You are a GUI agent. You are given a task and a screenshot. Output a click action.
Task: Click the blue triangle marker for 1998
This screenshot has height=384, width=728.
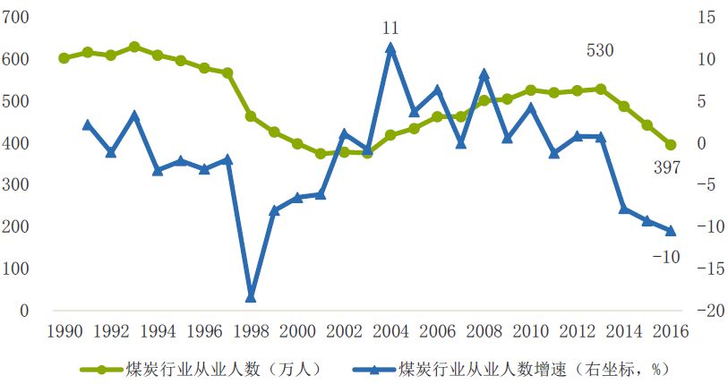point(251,296)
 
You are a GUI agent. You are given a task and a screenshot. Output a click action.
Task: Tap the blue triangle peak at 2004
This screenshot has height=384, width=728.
point(390,48)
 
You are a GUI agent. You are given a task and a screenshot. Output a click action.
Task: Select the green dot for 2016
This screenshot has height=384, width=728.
point(671,144)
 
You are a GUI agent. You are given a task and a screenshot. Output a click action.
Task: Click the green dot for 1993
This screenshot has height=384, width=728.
point(133,47)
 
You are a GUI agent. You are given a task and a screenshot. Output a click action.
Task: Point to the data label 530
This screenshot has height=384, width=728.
point(600,51)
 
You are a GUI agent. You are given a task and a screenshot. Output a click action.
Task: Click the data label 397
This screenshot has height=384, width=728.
point(666,167)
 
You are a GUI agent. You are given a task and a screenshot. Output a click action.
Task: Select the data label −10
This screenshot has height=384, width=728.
point(665,258)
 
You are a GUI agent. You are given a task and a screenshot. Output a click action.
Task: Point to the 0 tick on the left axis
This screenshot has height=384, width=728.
point(25,311)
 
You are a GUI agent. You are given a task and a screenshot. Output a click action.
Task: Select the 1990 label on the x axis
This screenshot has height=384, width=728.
point(64,331)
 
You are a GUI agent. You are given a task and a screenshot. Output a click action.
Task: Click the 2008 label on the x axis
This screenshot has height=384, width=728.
point(484,331)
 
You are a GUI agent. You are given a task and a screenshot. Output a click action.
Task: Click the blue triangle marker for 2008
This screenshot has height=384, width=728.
point(484,74)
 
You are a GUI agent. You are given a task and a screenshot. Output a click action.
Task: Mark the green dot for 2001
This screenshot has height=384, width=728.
point(321,154)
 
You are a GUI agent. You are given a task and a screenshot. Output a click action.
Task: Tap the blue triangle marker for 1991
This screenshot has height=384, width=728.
point(87,125)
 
